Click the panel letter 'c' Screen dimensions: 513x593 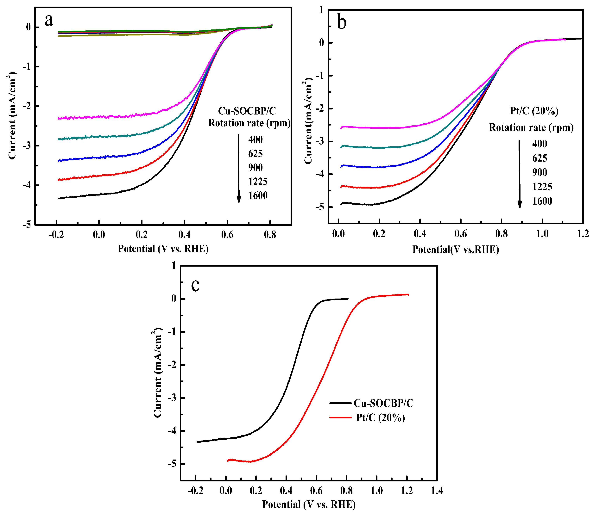[195, 285]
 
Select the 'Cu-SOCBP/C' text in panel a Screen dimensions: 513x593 [247, 111]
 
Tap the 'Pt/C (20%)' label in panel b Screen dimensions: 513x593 [534, 111]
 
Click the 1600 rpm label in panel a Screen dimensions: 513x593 [258, 195]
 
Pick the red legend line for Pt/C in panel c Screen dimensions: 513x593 [340, 418]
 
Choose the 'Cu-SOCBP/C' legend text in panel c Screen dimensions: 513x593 [383, 403]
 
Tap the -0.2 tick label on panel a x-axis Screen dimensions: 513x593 [56, 235]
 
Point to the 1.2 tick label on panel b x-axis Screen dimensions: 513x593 [583, 234]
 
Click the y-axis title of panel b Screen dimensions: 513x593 [308, 121]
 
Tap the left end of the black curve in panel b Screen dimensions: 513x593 [341, 204]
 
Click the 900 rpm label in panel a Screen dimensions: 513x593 [255, 167]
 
